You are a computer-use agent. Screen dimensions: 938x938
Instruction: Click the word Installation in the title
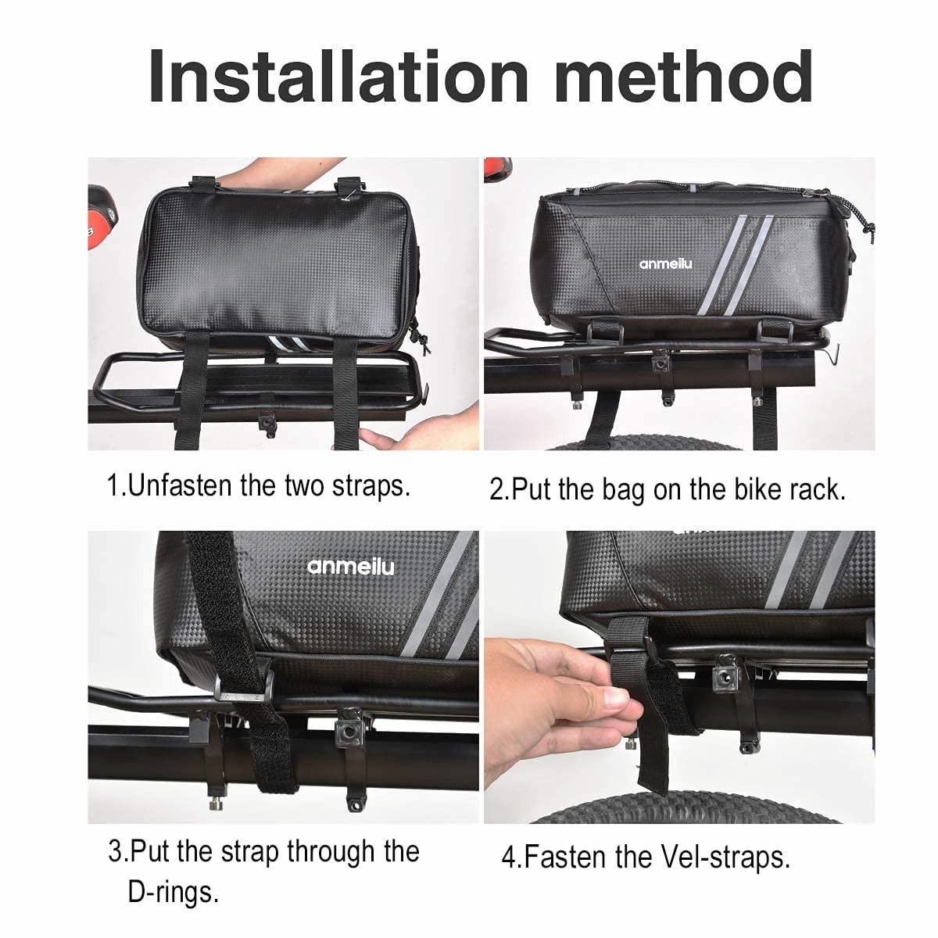click(338, 77)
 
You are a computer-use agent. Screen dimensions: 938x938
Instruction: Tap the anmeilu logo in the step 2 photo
click(665, 263)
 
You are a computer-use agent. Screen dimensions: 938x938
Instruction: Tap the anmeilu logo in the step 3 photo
click(350, 567)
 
